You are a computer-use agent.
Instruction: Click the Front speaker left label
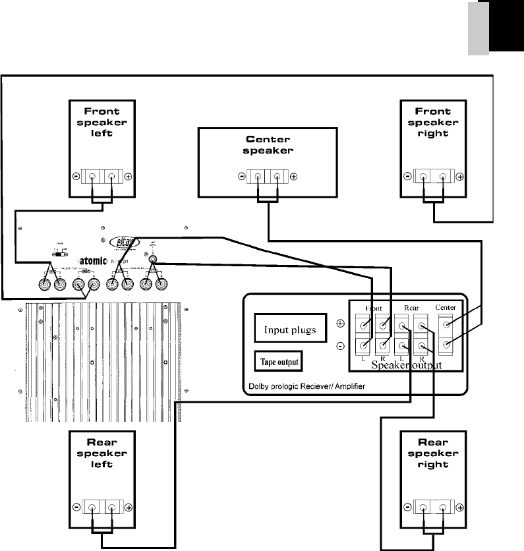pyautogui.click(x=102, y=122)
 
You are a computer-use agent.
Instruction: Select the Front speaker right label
pyautogui.click(x=433, y=122)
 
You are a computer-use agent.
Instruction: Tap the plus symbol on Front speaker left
pyautogui.click(x=128, y=177)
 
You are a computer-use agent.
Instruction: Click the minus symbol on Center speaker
pyautogui.click(x=241, y=177)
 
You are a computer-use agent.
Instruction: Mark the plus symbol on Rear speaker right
pyautogui.click(x=459, y=508)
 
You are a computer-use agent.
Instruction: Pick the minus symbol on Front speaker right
pyautogui.click(x=407, y=177)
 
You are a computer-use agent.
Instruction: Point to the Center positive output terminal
pyautogui.click(x=448, y=325)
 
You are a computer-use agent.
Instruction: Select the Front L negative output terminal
pyautogui.click(x=363, y=345)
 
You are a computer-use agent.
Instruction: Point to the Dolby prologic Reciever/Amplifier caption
pyautogui.click(x=307, y=386)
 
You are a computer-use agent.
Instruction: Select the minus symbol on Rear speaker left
pyautogui.click(x=76, y=508)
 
